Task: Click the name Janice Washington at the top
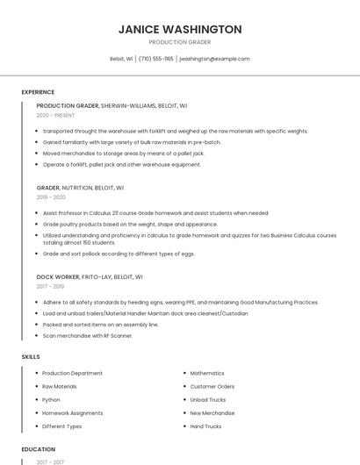coord(180,29)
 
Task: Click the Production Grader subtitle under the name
coord(180,42)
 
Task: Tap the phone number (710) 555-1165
coord(156,59)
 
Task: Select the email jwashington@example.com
coord(214,59)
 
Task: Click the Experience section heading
coord(38,92)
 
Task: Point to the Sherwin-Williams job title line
coord(112,105)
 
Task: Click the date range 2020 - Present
coord(55,115)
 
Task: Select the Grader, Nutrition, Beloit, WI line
coord(80,187)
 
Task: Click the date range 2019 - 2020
coord(52,197)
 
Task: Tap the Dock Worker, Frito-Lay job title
coord(90,276)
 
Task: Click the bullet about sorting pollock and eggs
coord(118,254)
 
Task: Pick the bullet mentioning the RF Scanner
coord(87,335)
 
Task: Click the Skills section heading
coord(31,357)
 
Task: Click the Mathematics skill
coord(207,373)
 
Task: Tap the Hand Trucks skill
coord(205,426)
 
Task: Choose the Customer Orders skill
coord(212,386)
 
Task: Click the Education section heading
coord(38,449)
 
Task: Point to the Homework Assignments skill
coord(73,412)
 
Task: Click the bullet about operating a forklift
coord(121,164)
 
